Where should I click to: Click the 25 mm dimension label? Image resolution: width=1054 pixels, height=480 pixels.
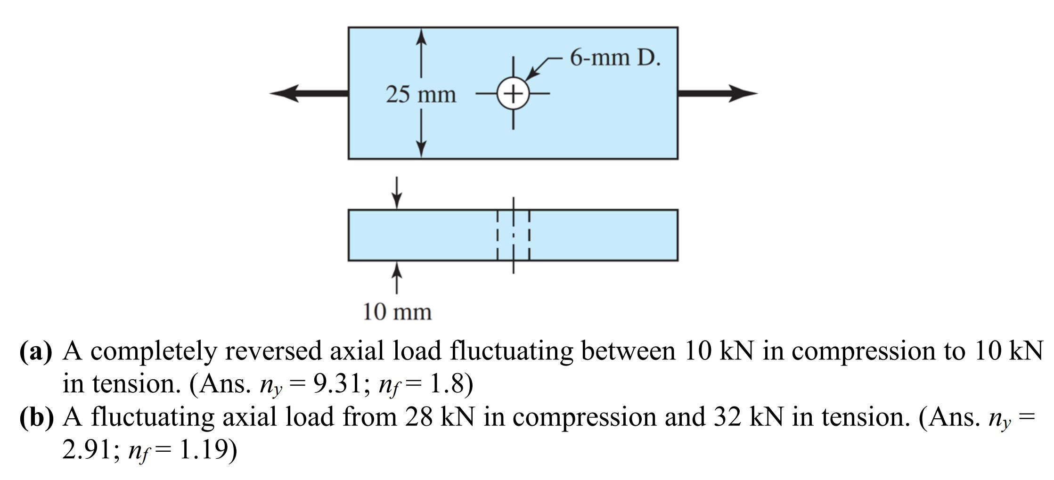tap(421, 95)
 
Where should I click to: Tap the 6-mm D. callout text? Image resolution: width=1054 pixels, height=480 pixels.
tap(615, 58)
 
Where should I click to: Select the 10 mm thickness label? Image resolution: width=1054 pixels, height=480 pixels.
tap(397, 312)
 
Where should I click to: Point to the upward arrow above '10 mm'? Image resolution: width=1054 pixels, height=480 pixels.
tap(397, 278)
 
